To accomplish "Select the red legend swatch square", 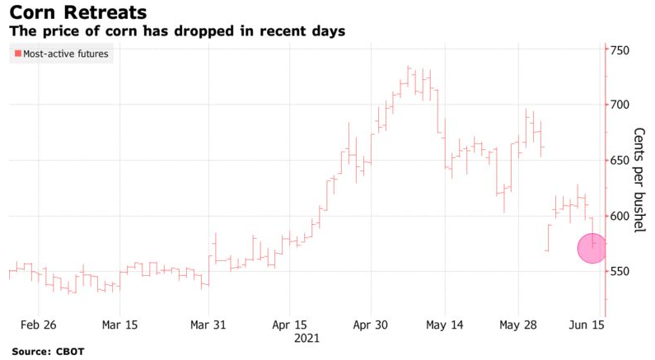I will pyautogui.click(x=17, y=54).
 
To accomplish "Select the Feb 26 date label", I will pyautogui.click(x=39, y=325).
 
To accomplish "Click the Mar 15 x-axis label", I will pyautogui.click(x=119, y=325).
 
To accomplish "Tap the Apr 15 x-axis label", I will pyautogui.click(x=289, y=325).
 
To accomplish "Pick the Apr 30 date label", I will pyautogui.click(x=371, y=325).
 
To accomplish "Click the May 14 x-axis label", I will pyautogui.click(x=445, y=325).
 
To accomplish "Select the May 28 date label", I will pyautogui.click(x=519, y=325).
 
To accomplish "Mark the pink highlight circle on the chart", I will pyautogui.click(x=592, y=248).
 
